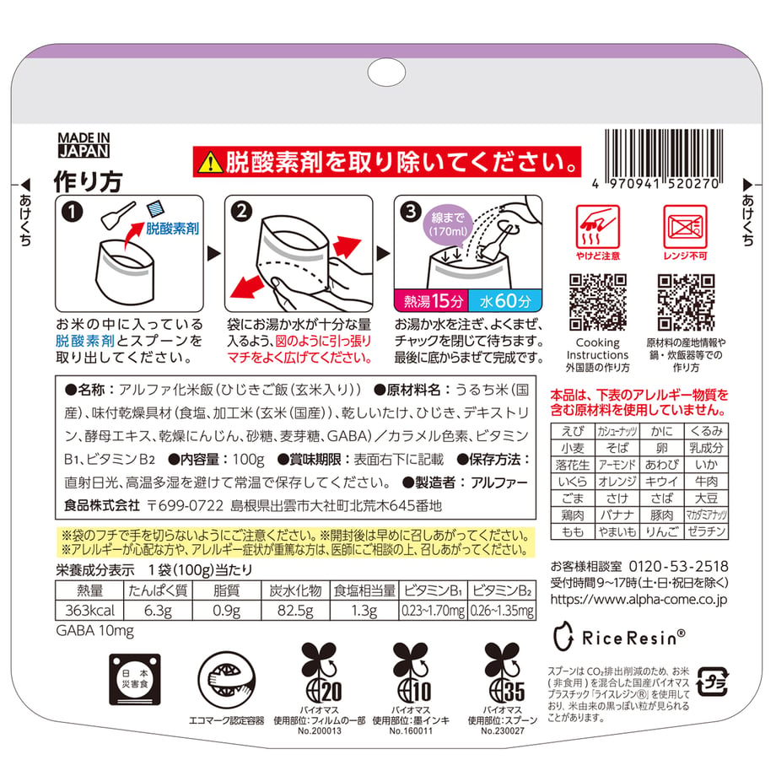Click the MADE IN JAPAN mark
(84, 144)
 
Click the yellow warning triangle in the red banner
(210, 162)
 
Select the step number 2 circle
(241, 212)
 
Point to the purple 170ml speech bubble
(447, 226)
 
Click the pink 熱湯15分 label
(431, 301)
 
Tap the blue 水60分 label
(505, 301)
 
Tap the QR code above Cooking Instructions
(598, 302)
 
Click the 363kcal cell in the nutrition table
(89, 610)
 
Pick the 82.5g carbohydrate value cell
(295, 610)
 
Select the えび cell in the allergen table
(573, 431)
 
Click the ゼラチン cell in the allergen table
(706, 531)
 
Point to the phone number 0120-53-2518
(678, 566)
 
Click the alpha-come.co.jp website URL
(639, 600)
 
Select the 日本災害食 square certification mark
(135, 680)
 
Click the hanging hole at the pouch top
(386, 73)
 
